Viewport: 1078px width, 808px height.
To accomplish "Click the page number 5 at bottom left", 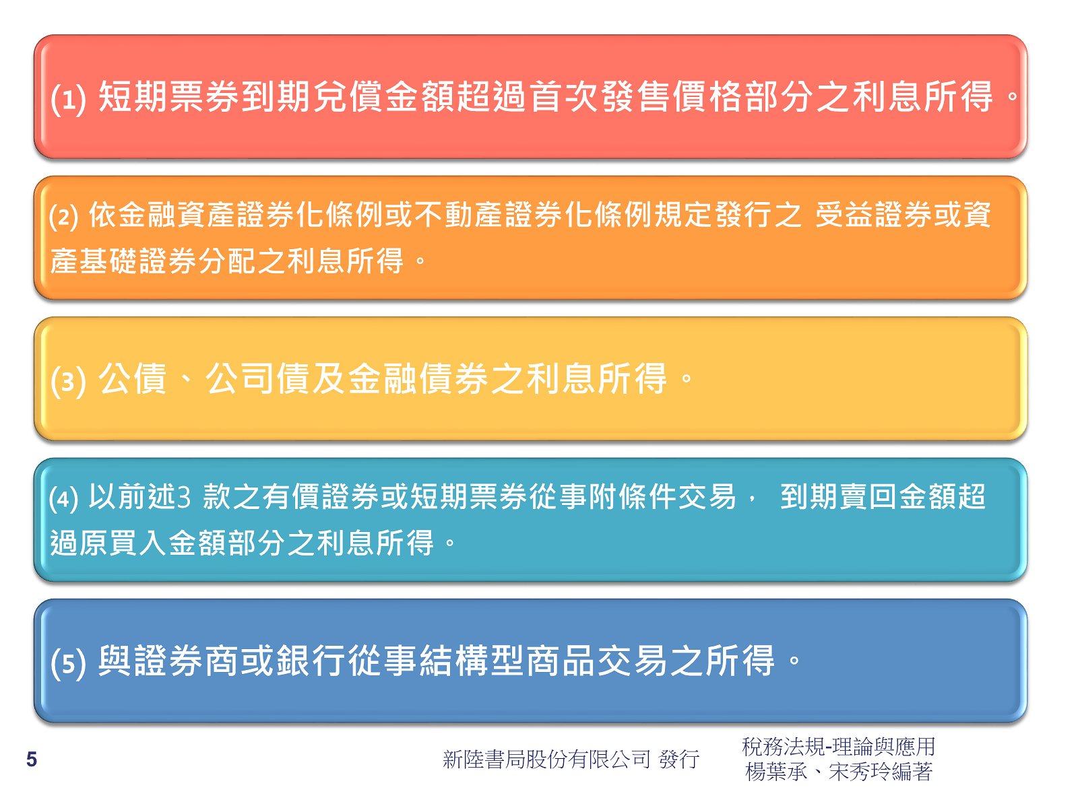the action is [x=32, y=759].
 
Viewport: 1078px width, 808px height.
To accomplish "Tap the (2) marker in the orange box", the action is [x=64, y=217].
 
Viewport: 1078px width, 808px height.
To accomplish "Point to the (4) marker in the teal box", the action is [x=64, y=500].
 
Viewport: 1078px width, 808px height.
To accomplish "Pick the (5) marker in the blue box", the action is [x=69, y=663].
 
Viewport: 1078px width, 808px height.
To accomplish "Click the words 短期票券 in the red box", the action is [x=169, y=96].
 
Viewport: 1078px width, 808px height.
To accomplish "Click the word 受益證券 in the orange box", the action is [x=873, y=215].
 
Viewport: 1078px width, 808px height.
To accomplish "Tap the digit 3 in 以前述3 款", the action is [x=183, y=496].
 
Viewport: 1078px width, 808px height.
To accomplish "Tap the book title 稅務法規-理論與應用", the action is [x=839, y=747].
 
